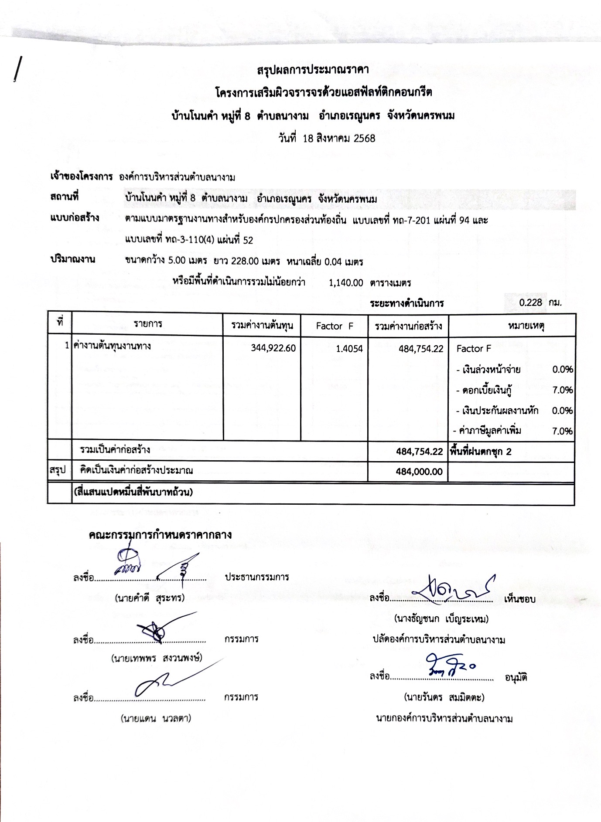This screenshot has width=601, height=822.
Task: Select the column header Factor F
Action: point(335,326)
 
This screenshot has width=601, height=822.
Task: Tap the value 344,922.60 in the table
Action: point(273,348)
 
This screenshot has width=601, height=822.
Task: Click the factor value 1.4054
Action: point(349,348)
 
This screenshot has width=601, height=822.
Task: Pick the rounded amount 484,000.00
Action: point(419,472)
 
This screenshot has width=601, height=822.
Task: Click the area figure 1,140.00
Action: point(346,282)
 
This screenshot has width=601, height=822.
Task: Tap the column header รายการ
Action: point(148,324)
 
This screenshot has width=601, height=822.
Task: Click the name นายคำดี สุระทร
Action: point(150,598)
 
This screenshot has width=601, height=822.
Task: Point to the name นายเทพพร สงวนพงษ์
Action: point(157,658)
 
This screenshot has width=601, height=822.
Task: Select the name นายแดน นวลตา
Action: point(156,718)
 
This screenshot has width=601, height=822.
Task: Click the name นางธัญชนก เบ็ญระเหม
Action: point(441,618)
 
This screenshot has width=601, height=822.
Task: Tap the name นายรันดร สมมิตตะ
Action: point(444,697)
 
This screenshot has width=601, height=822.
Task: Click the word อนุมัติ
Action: point(516,678)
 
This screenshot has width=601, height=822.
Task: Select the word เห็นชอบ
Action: point(519,599)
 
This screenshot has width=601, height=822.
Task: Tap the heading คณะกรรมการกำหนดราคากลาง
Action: point(160,535)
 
